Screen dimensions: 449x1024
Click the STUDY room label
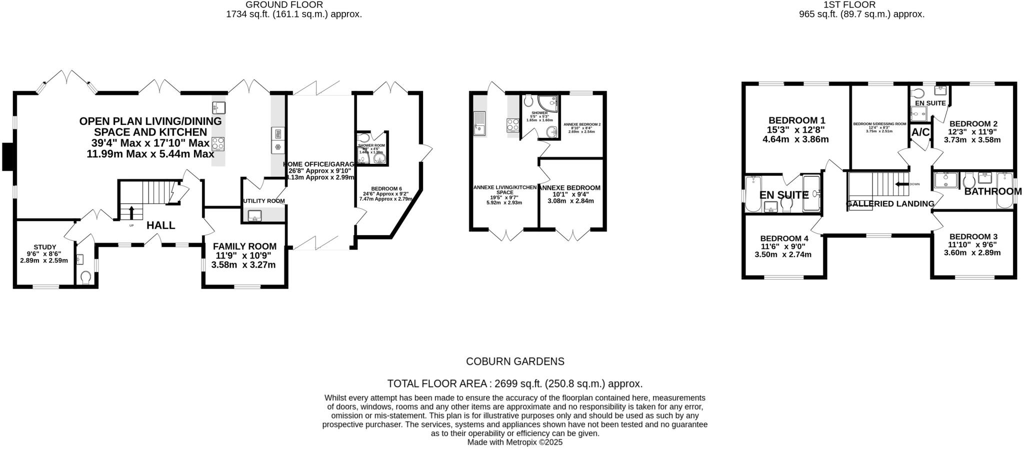44,247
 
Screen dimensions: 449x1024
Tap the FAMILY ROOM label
244,246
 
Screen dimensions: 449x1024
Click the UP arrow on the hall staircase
131,212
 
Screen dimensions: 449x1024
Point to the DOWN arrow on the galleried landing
901,184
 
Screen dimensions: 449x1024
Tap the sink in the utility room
254,216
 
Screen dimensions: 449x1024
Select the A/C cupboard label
920,132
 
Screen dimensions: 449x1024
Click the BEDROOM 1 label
796,120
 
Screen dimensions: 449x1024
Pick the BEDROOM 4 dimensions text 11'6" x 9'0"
782,246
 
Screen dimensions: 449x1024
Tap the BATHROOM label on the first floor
992,191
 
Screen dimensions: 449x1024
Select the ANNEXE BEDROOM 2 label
582,124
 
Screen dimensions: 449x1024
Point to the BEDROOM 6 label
386,189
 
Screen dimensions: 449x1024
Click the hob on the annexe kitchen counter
513,124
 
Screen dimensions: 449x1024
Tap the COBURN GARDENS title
515,362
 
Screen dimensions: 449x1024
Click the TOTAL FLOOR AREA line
515,384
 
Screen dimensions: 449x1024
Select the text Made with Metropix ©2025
515,443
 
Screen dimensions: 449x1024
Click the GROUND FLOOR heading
284,4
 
